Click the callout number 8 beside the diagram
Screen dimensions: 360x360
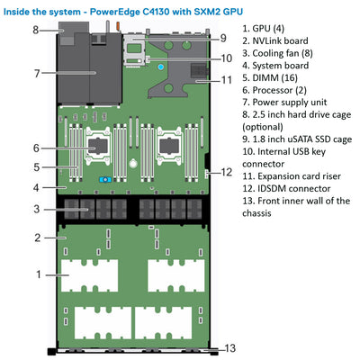point(35,29)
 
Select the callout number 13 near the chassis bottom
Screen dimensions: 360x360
point(230,347)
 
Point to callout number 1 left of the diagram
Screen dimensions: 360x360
point(39,273)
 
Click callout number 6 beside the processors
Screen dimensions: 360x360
point(36,148)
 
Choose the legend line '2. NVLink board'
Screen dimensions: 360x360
point(277,42)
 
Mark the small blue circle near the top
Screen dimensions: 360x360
point(159,66)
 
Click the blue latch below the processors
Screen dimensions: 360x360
point(104,179)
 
